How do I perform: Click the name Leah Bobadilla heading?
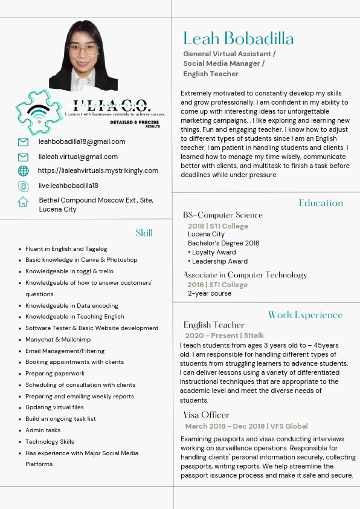click(239, 39)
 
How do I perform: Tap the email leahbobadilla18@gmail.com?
click(82, 142)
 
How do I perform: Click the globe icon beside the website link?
click(24, 171)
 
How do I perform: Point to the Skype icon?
click(24, 186)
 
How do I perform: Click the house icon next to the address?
click(24, 202)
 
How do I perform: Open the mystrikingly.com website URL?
click(98, 171)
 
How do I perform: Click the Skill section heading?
click(144, 233)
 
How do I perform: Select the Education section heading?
click(321, 203)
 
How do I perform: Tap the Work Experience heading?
click(305, 315)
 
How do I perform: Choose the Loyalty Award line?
click(214, 253)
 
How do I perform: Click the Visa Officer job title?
click(207, 415)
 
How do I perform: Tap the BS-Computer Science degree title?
click(223, 215)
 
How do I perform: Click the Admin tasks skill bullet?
click(43, 430)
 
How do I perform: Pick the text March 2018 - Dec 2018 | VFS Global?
click(246, 427)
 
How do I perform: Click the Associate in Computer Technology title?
click(245, 275)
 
